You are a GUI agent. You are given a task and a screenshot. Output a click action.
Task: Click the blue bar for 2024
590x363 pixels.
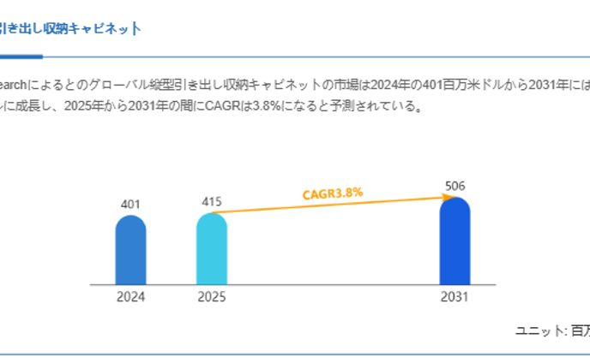(130, 250)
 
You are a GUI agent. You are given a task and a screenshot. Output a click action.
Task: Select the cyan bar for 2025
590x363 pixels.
(211, 248)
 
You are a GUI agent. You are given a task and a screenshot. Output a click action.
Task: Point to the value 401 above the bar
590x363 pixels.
(130, 204)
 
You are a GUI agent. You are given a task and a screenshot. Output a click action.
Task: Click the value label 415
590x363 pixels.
(211, 201)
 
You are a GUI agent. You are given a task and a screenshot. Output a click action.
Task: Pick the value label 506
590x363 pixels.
(455, 185)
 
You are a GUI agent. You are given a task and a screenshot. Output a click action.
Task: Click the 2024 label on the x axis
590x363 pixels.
(130, 298)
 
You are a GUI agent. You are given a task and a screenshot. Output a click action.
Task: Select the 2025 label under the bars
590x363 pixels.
(211, 298)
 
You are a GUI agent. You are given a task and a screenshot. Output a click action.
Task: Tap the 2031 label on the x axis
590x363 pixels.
(455, 298)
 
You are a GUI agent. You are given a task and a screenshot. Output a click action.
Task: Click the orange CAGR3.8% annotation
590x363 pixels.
(333, 193)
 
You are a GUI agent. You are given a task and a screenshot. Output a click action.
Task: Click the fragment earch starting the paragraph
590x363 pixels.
(14, 85)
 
